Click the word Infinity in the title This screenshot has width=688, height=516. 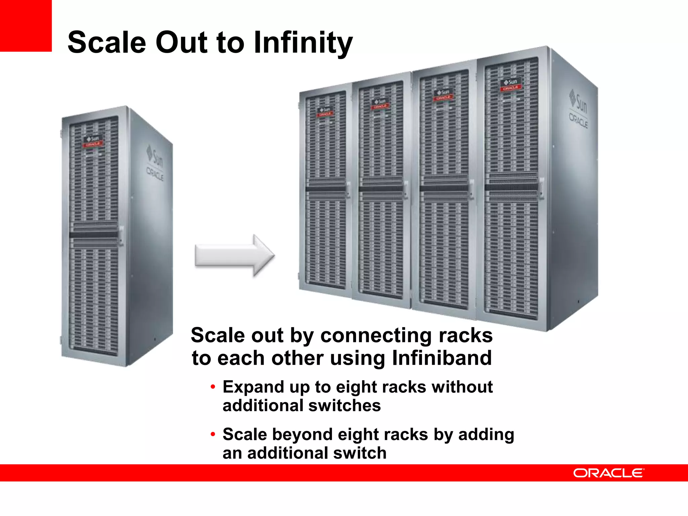coord(303,43)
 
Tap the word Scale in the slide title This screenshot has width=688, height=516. coord(107,43)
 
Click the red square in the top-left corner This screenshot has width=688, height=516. coord(26,26)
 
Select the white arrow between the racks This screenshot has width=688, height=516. coord(234,256)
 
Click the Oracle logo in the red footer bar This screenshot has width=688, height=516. coord(608,473)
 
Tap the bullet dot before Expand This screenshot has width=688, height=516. coord(213,387)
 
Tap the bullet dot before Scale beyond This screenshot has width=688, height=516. coord(213,434)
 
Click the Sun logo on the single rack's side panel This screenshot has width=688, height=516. coord(155,156)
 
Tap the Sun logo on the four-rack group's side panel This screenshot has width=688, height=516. coord(578,101)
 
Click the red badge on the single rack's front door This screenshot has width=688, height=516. coord(93,144)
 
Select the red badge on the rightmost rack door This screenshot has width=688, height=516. coord(511,88)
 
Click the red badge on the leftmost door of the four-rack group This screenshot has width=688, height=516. coord(325,114)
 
